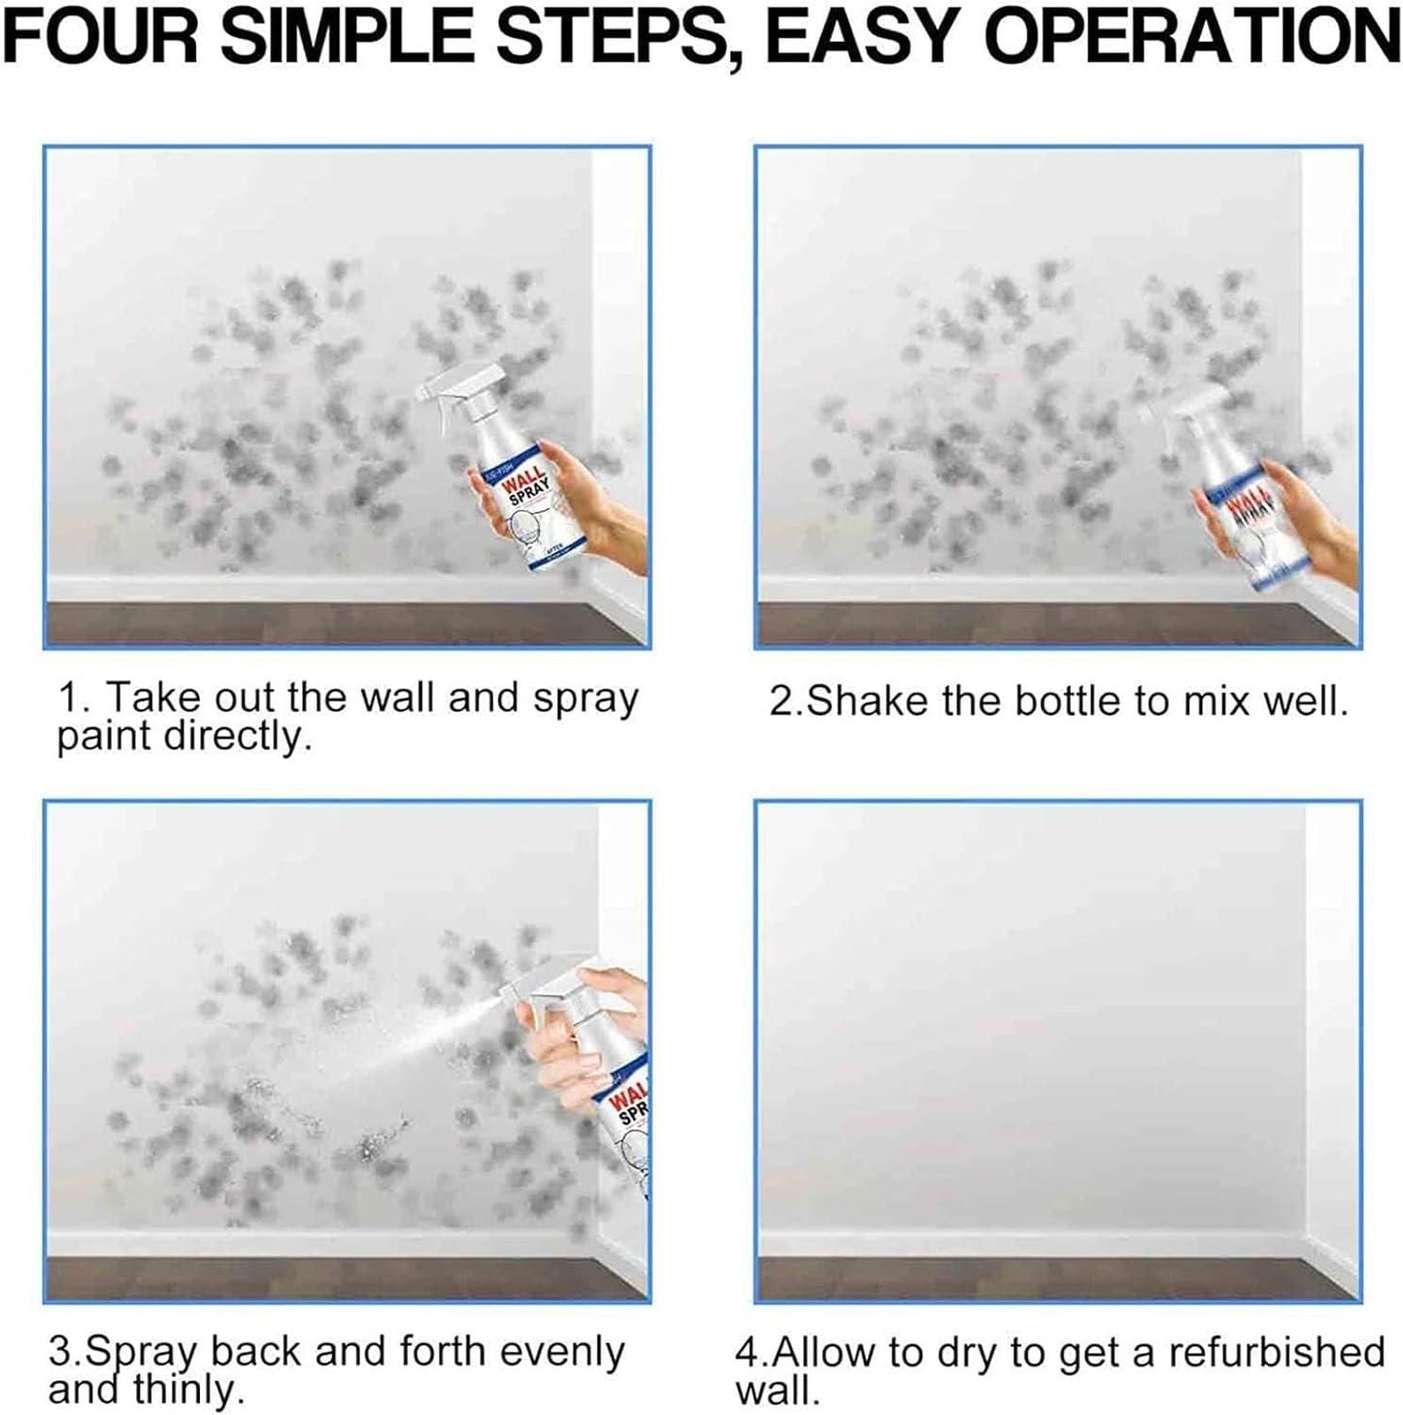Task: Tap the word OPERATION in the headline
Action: [x=1198, y=37]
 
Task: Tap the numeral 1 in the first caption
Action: [x=68, y=699]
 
